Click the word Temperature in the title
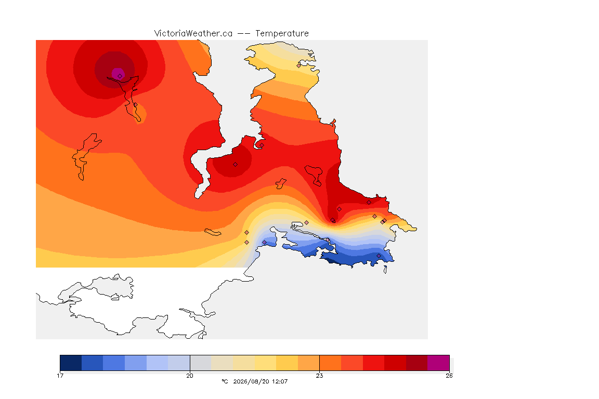pos(282,34)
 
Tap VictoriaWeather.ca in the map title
pos(193,34)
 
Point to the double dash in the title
pos(244,34)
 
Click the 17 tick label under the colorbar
pos(60,376)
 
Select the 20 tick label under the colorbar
pos(190,376)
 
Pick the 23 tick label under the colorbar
pos(319,376)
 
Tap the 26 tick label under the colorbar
pos(449,376)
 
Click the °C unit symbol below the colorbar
pos(225,381)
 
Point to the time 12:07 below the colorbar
pos(280,381)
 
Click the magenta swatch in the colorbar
pos(438,363)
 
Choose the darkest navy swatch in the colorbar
pos(71,363)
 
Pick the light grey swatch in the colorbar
pos(201,363)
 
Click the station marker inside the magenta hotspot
pos(120,76)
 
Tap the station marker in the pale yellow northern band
pos(299,65)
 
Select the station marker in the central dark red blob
pos(236,165)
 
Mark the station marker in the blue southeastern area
pos(379,256)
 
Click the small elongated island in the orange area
pos(213,232)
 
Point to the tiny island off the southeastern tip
pos(385,270)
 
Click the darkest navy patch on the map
pos(332,261)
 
